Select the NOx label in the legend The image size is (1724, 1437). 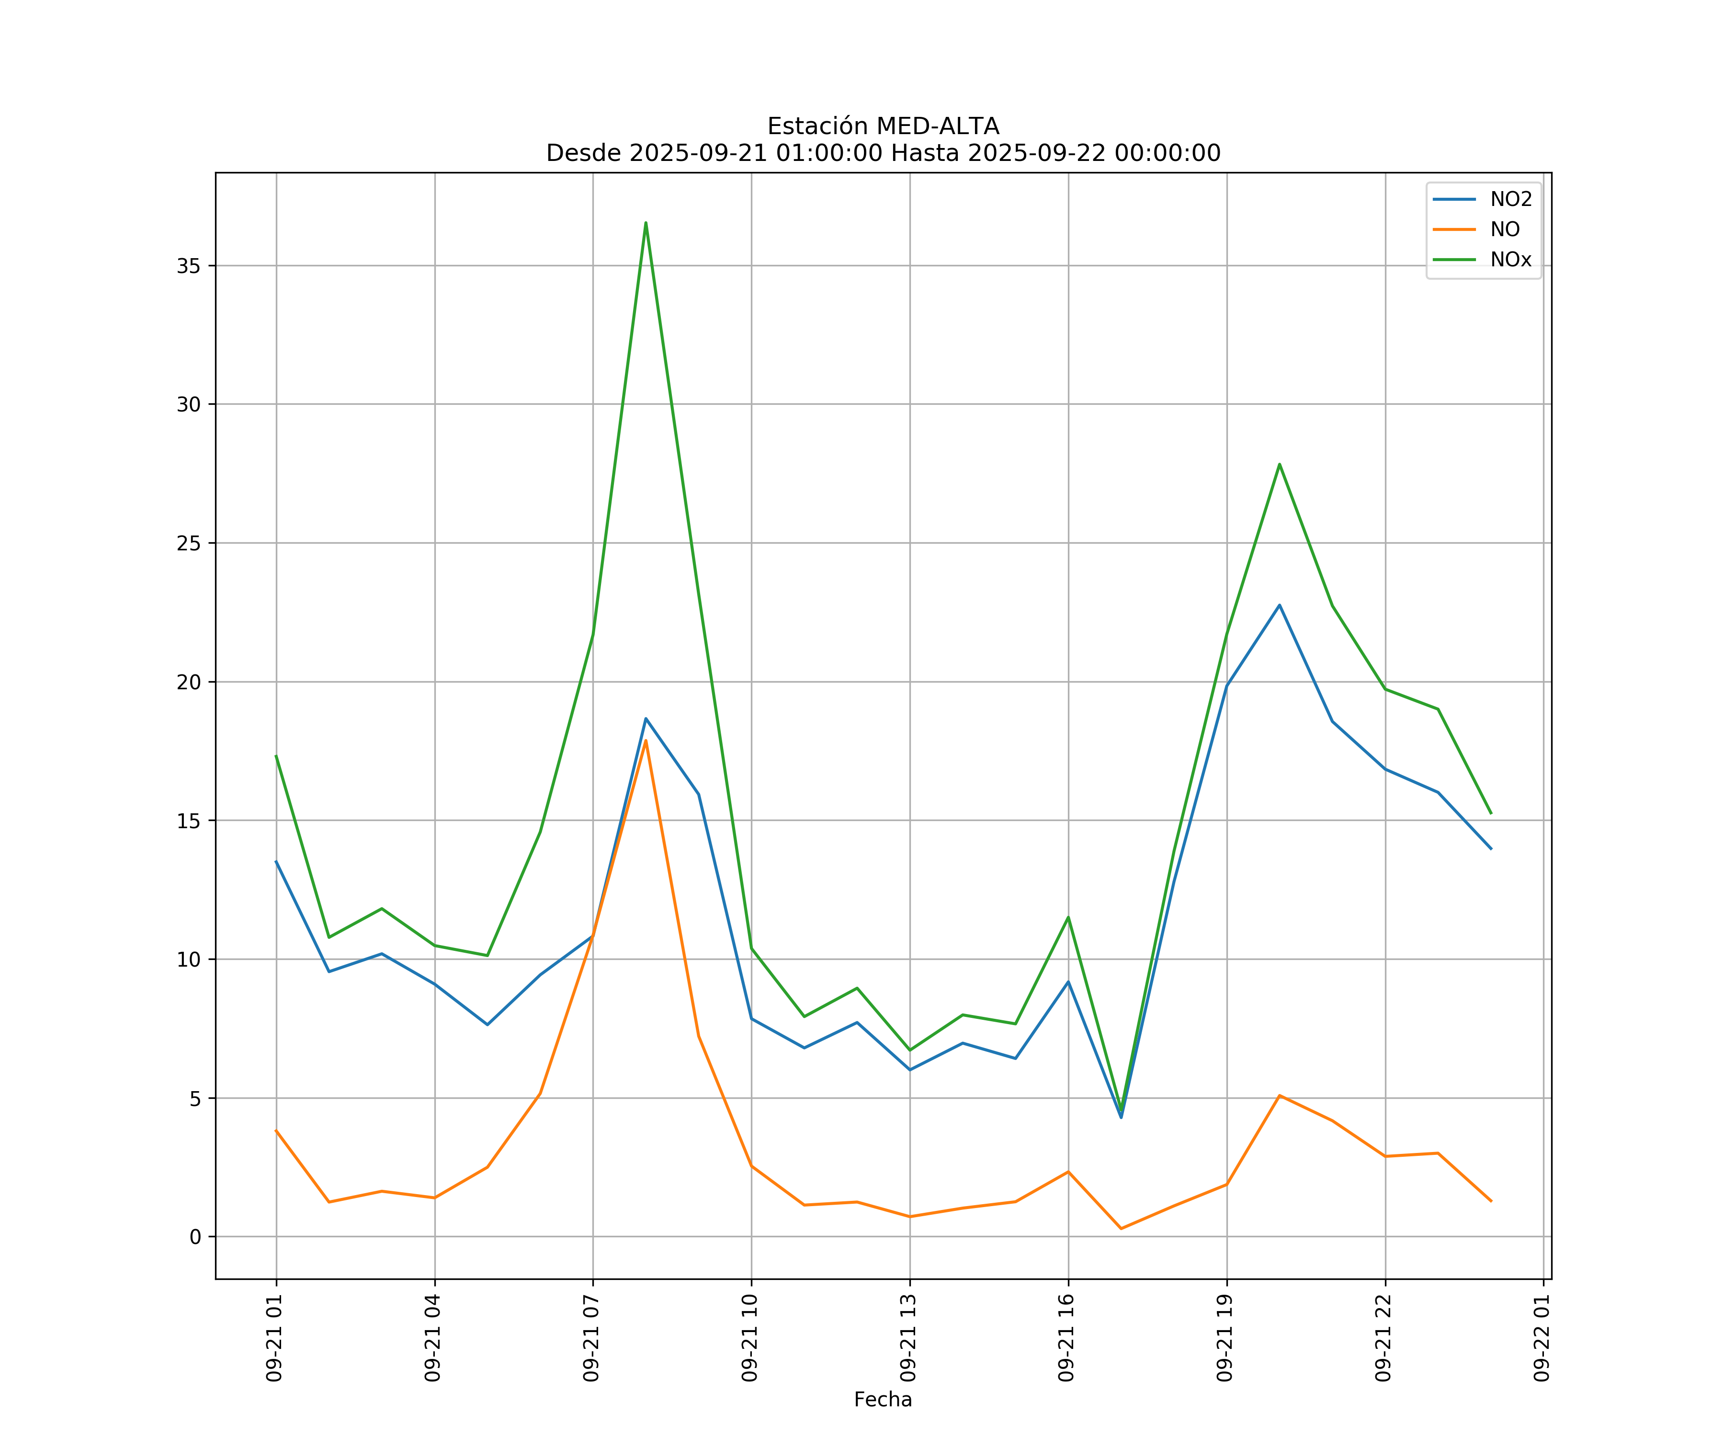(x=1510, y=260)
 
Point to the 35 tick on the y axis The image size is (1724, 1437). (x=189, y=266)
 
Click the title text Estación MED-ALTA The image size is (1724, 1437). (x=883, y=126)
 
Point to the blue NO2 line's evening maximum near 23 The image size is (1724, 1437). (x=1279, y=605)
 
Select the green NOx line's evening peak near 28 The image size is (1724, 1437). (x=1279, y=464)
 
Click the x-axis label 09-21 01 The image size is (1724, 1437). (x=275, y=1338)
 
